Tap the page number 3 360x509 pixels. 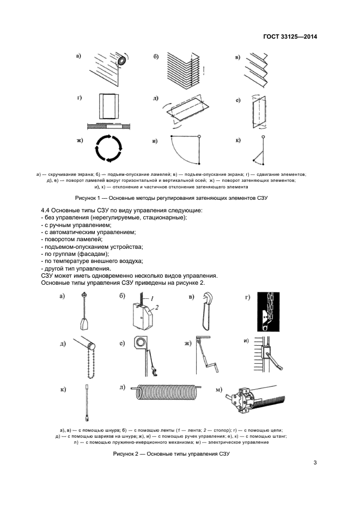point(315,463)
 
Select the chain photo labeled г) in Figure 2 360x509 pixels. point(265,312)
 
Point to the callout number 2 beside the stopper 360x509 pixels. point(156,308)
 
